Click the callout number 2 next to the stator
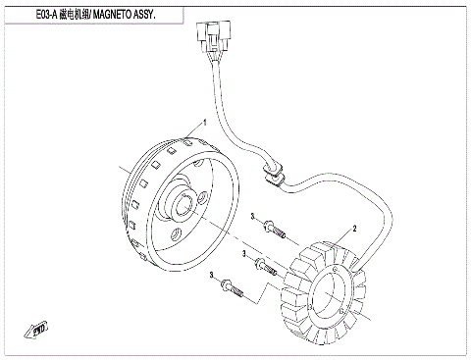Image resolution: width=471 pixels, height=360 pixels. (x=354, y=228)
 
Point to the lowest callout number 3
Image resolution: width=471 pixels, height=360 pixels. (x=211, y=281)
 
